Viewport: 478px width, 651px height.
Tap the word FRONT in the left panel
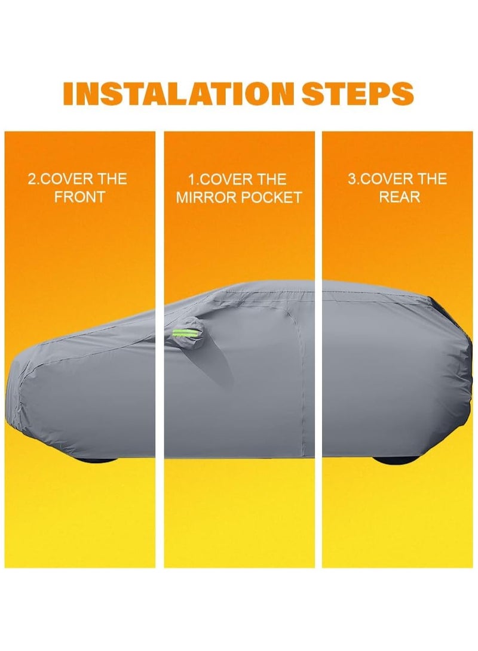(x=79, y=197)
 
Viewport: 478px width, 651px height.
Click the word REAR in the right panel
(x=397, y=197)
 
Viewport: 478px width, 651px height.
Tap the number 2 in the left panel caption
(x=32, y=179)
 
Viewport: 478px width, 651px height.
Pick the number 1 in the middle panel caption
(x=191, y=180)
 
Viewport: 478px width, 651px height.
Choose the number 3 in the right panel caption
(x=352, y=179)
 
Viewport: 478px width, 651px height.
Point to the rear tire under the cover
(x=391, y=460)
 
